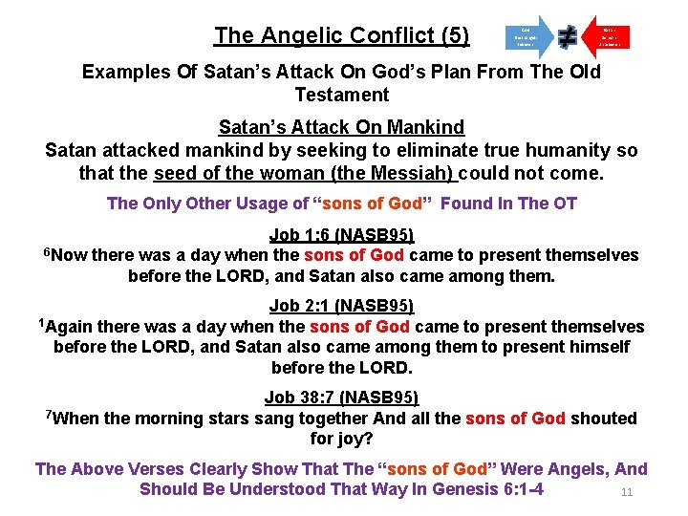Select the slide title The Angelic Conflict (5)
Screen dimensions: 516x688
pos(342,36)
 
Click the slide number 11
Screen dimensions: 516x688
pos(628,493)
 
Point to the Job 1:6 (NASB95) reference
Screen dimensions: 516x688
pos(342,235)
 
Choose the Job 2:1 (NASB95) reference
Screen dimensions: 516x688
pos(342,306)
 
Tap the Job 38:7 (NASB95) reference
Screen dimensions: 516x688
pos(342,398)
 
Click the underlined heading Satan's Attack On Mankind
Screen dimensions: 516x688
pos(342,127)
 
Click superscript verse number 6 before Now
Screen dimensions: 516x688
pos(48,251)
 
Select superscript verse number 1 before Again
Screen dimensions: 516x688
pos(42,322)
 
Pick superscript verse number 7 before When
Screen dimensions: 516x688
pos(49,414)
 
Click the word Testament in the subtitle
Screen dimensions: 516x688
pos(342,95)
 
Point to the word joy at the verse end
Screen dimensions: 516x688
pos(353,440)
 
